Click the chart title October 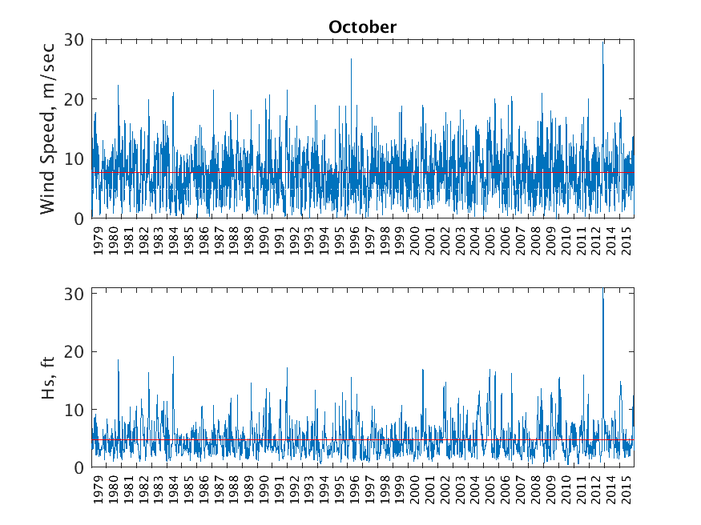coord(362,27)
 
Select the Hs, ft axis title coord(49,377)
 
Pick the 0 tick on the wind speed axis coord(79,218)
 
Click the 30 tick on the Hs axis coord(75,294)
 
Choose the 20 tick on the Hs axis coord(75,352)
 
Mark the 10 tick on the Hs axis coord(75,410)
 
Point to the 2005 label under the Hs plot coord(491,493)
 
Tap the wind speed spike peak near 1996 coord(351,59)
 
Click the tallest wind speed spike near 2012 coord(603,42)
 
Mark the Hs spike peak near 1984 coord(173,357)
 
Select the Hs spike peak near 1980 coord(119,360)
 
